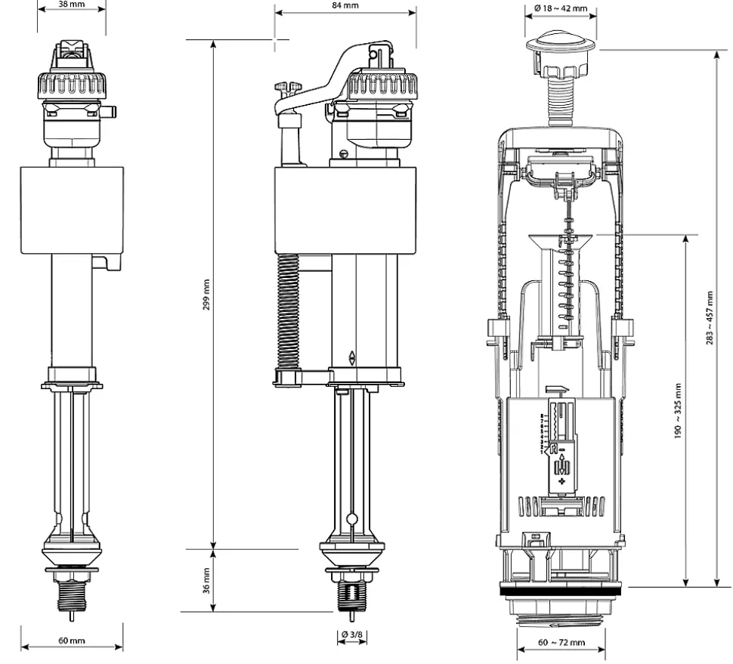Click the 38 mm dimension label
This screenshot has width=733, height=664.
72,4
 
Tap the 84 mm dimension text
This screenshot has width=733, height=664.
345,5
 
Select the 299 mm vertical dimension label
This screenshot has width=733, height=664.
206,295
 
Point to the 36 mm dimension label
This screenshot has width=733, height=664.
206,581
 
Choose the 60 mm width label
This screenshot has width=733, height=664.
72,640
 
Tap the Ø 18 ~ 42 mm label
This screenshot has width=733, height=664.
561,8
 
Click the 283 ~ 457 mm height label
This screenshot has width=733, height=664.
710,318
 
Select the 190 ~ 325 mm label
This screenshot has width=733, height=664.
678,411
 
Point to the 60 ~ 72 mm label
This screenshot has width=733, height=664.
561,642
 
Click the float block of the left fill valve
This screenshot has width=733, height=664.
72,210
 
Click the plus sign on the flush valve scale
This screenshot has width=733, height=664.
561,481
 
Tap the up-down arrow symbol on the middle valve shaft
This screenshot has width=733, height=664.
352,358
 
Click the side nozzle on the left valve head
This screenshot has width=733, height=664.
112,112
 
